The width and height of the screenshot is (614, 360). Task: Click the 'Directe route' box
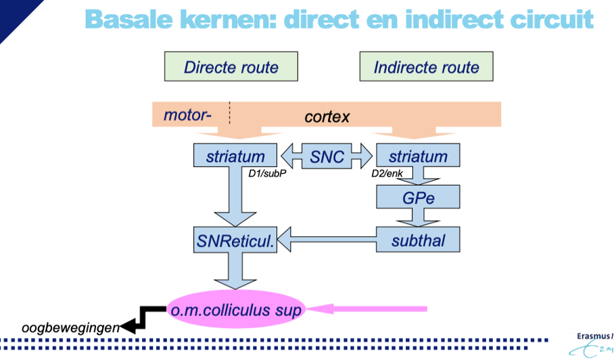(x=231, y=67)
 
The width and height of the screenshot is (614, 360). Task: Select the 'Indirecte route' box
(x=426, y=67)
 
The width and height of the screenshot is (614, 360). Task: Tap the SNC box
(x=327, y=156)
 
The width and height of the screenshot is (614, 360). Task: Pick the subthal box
(x=418, y=239)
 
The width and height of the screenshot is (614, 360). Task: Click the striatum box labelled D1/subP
(x=235, y=156)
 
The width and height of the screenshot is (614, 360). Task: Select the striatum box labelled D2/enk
(x=418, y=156)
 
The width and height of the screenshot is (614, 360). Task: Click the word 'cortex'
(x=327, y=116)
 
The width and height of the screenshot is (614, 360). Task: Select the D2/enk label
(x=387, y=173)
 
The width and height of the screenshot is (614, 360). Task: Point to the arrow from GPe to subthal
(x=417, y=217)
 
